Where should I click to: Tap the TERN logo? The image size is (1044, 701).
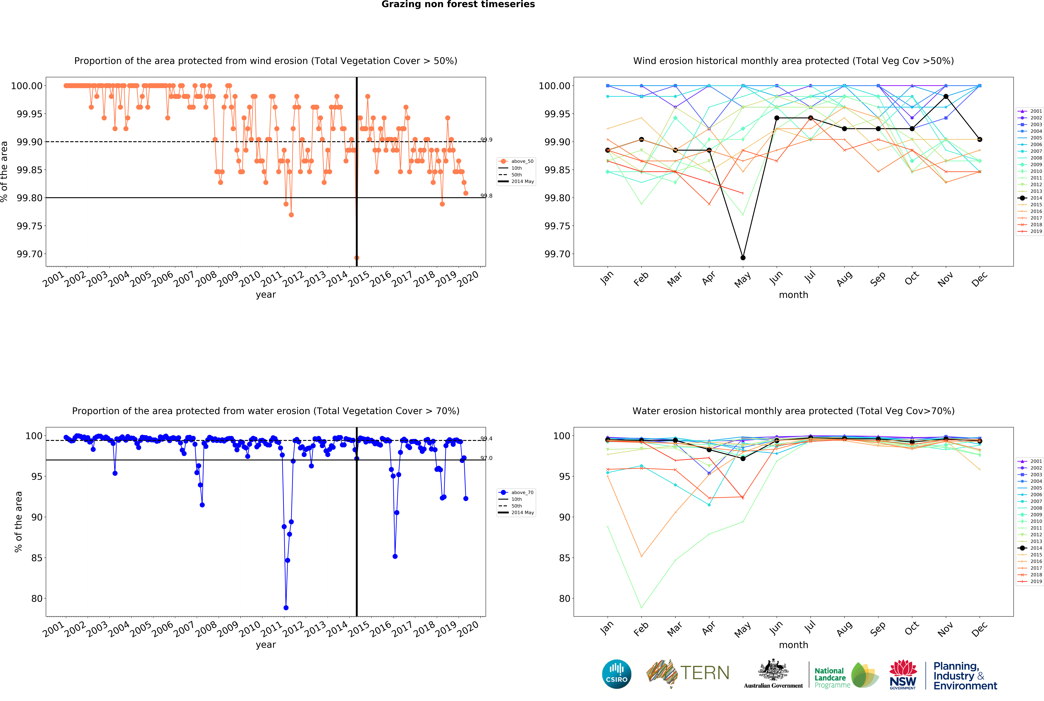[688, 673]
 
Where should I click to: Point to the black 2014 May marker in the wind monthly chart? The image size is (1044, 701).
[743, 257]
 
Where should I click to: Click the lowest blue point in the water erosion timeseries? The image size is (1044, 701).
[286, 608]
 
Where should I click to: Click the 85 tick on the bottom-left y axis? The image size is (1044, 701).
[37, 558]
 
